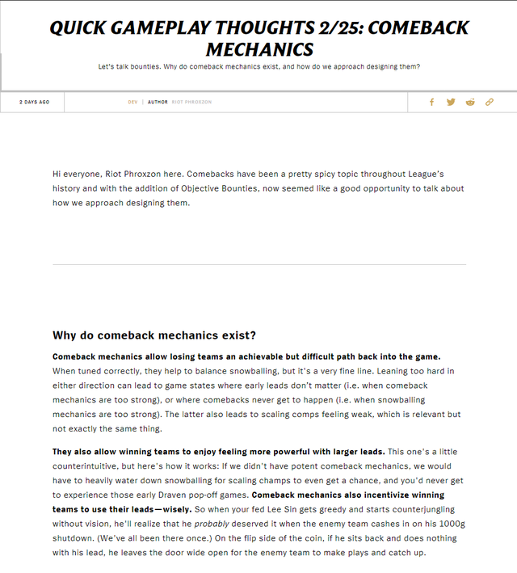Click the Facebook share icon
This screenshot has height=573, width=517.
[x=431, y=102]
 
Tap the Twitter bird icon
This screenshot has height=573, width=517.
[x=451, y=102]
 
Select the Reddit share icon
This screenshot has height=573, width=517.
[x=470, y=102]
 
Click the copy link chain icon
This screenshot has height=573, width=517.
[x=490, y=102]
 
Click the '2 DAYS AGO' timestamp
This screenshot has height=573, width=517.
[x=34, y=103]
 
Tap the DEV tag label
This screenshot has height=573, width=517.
[x=132, y=103]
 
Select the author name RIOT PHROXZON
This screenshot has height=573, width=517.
[x=191, y=103]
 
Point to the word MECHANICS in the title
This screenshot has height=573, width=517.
[x=259, y=49]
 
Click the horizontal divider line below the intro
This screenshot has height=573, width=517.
[x=259, y=264]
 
